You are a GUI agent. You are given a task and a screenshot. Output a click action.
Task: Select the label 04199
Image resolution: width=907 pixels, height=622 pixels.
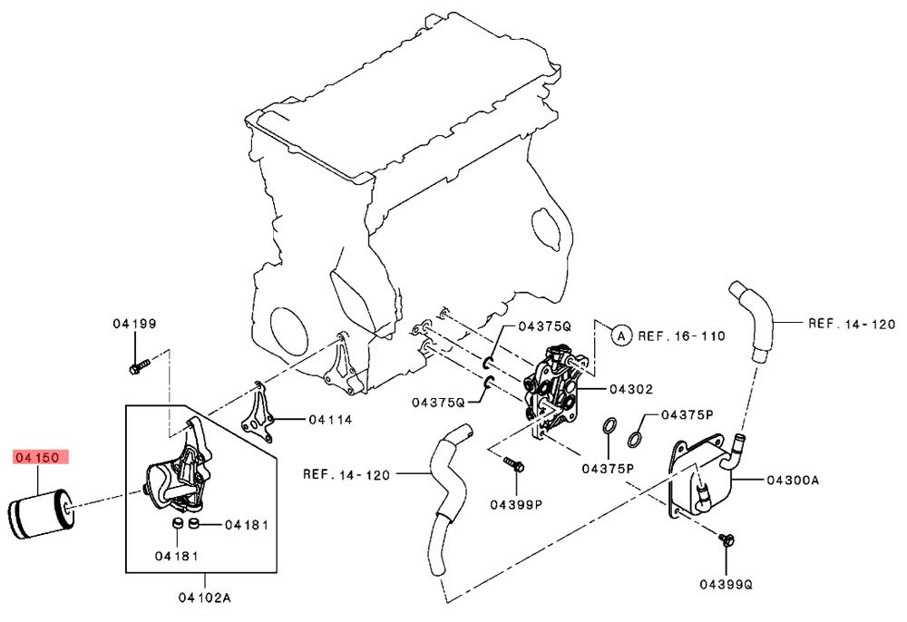tap(134, 324)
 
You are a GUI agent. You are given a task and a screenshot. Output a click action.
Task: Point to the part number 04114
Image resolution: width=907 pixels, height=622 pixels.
tap(330, 420)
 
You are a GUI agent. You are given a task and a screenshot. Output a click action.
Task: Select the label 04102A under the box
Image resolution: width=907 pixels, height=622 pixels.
tap(204, 598)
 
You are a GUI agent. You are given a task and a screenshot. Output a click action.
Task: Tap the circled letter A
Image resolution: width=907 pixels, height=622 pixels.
tap(621, 335)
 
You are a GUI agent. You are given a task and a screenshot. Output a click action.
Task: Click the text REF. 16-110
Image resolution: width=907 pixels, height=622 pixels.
tap(681, 335)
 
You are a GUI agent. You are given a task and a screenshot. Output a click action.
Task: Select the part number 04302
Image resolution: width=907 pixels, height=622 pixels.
tap(631, 390)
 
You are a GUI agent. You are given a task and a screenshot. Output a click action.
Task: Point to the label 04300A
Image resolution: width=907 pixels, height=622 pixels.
tap(793, 480)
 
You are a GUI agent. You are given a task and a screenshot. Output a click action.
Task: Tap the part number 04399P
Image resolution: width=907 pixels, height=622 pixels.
tap(516, 505)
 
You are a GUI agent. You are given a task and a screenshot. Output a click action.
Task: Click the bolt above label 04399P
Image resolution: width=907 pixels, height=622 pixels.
tap(513, 463)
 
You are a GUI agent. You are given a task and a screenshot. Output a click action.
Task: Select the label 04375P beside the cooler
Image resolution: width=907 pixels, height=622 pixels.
tap(688, 415)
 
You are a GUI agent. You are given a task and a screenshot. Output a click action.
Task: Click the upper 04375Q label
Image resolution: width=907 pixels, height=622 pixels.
tap(544, 326)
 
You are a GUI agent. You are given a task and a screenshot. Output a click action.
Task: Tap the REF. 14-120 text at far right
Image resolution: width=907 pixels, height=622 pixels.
tap(852, 324)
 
